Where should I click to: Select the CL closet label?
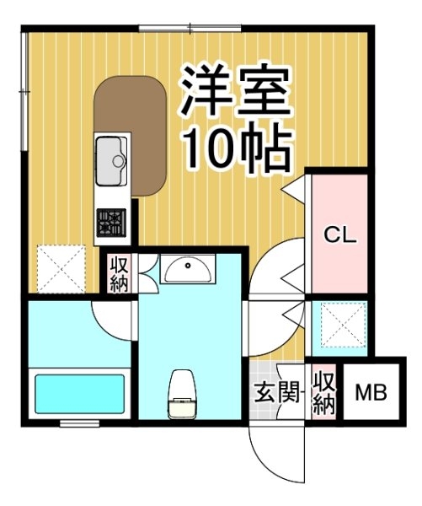click(x=340, y=235)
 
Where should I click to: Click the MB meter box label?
click(x=371, y=393)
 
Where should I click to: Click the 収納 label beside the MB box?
click(x=324, y=393)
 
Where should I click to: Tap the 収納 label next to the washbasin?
click(x=120, y=274)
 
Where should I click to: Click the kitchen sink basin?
click(x=111, y=161)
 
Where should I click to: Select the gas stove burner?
click(x=111, y=223)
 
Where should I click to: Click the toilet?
click(x=182, y=394)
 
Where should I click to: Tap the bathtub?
click(x=80, y=394)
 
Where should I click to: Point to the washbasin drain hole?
click(x=188, y=266)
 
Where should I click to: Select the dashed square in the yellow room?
click(x=61, y=269)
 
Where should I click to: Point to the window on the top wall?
click(x=190, y=29)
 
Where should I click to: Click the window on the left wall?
click(x=24, y=91)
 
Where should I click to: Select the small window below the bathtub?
click(x=80, y=423)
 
